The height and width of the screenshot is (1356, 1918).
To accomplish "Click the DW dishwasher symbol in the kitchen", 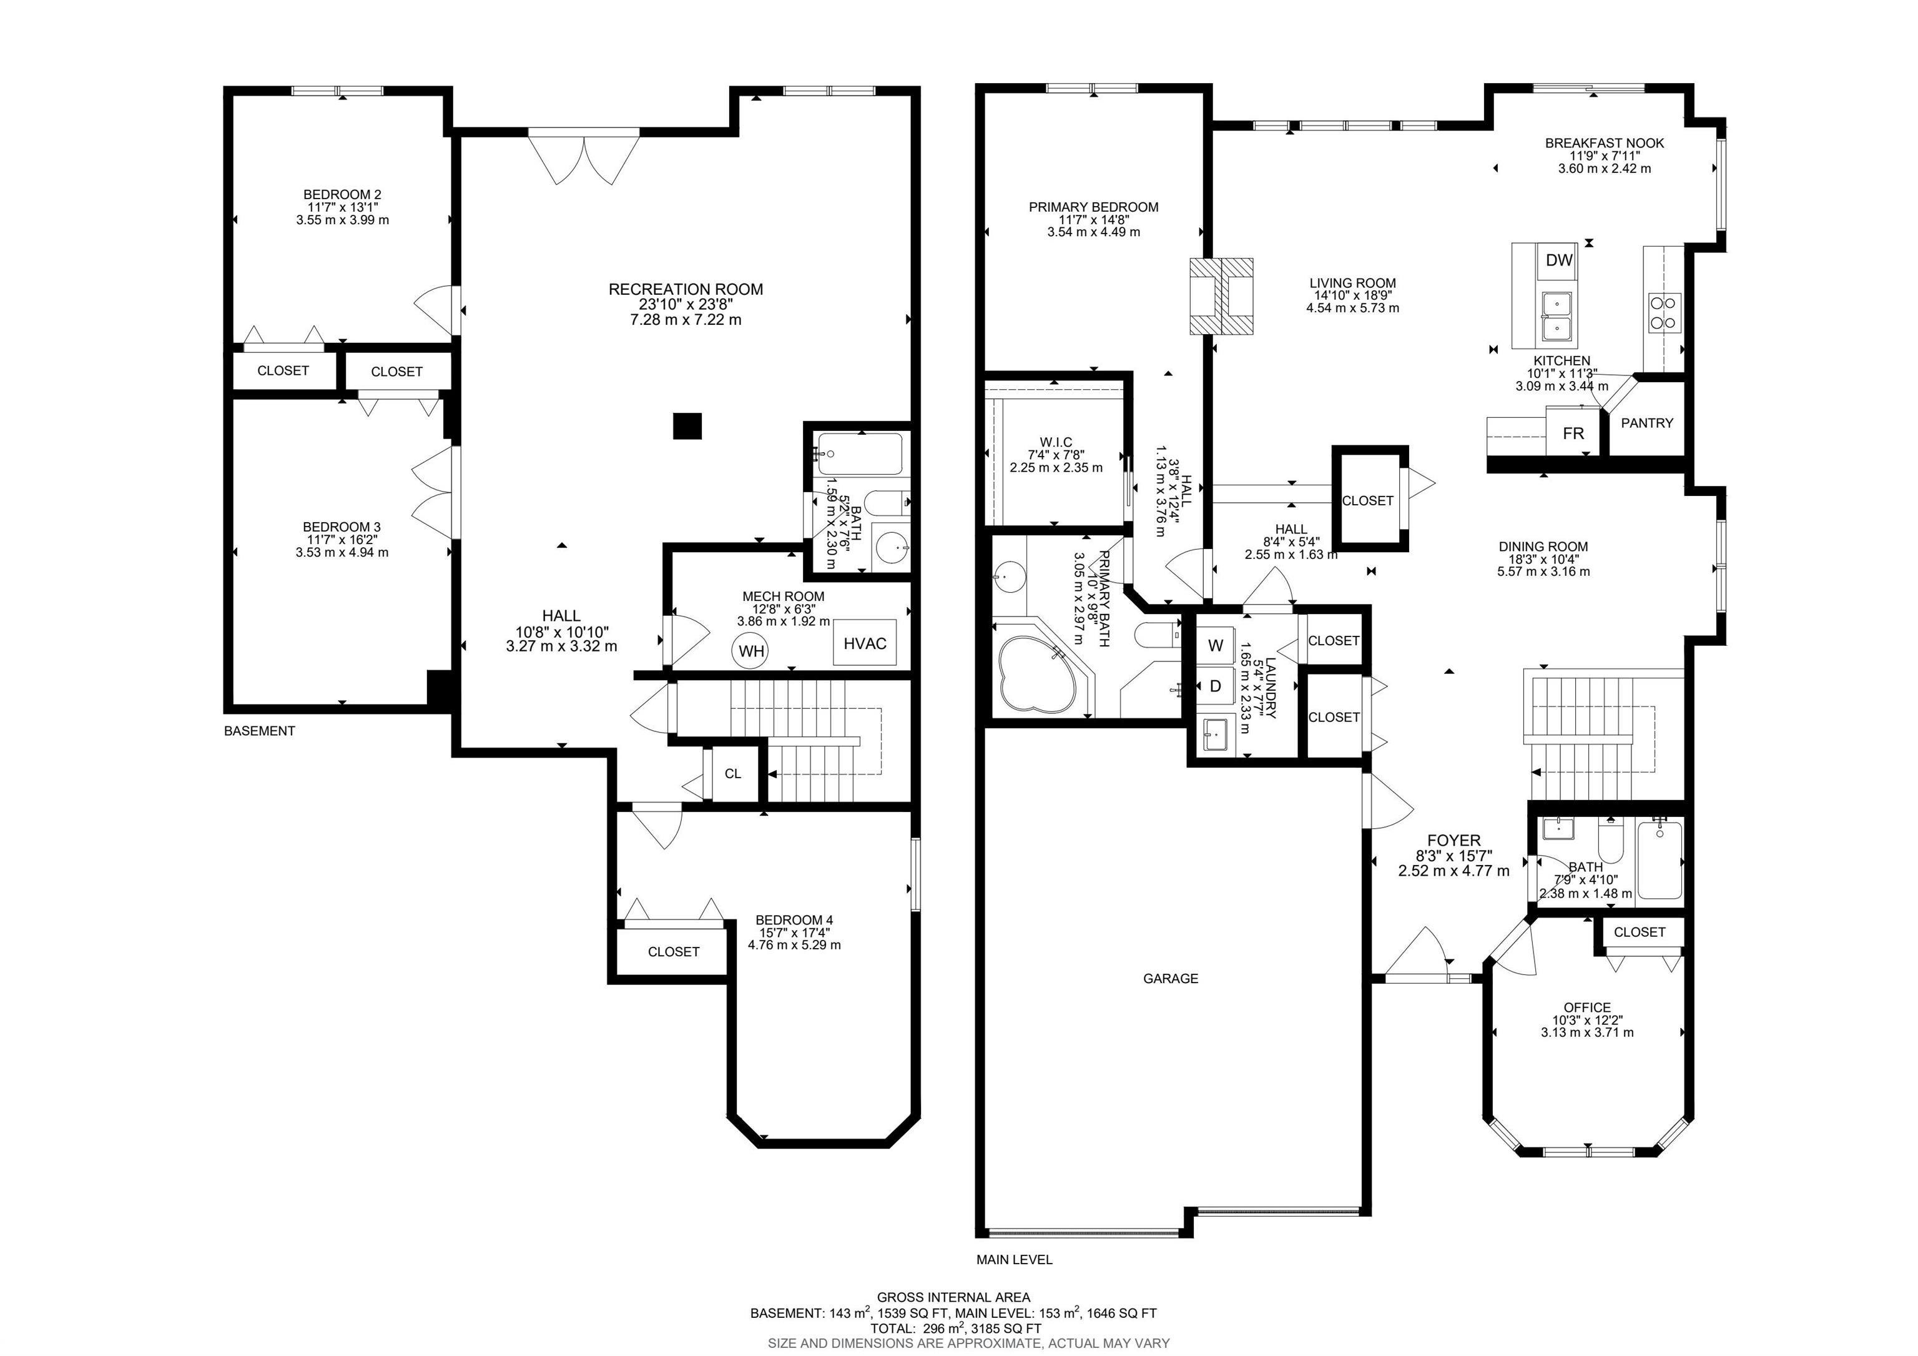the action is pos(1559,260).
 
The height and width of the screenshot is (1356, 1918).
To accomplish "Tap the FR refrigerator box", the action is pos(1573,432).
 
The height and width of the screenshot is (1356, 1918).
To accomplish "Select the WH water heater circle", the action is pos(751,651).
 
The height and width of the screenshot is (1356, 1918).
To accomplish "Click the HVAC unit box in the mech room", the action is pos(865,643).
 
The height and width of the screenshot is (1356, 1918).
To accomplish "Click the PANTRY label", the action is pos(1646,423).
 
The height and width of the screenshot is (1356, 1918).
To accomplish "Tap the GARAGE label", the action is pos(1171,978).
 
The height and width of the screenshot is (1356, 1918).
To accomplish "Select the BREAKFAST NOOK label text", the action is pos(1604,143).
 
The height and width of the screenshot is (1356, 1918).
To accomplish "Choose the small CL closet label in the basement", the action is pos(732,774).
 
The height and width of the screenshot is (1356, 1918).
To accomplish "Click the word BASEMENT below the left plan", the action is pos(259,730).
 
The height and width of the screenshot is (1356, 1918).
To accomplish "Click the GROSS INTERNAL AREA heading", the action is pos(953,1297).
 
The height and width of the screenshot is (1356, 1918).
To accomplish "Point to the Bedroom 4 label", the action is pos(794,920).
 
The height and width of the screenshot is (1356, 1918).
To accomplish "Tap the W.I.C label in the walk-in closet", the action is pos(1056,442).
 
